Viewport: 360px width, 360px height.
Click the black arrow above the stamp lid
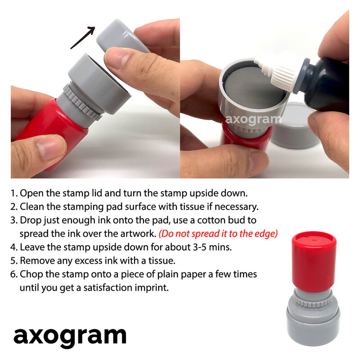click(x=83, y=37)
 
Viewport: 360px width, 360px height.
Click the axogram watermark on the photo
click(x=253, y=119)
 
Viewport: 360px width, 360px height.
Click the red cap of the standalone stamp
click(x=314, y=261)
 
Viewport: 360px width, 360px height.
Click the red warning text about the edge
click(x=218, y=234)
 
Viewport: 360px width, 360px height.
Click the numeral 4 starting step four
click(x=13, y=247)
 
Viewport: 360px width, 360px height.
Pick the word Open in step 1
click(x=31, y=193)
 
